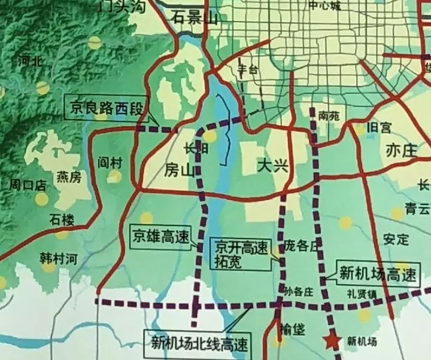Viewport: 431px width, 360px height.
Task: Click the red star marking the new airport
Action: (330, 340)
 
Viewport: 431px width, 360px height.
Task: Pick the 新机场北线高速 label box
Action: (198, 343)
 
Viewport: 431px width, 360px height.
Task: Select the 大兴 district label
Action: (272, 166)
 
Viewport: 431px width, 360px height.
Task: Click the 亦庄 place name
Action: (401, 150)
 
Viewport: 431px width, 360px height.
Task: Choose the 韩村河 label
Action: (59, 259)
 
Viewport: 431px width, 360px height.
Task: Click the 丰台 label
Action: (247, 69)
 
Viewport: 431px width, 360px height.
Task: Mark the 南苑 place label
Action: (329, 116)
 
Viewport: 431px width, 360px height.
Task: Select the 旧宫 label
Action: (378, 127)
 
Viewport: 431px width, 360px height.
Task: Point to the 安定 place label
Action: (396, 239)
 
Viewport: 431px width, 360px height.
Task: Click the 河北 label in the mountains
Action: (30, 61)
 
